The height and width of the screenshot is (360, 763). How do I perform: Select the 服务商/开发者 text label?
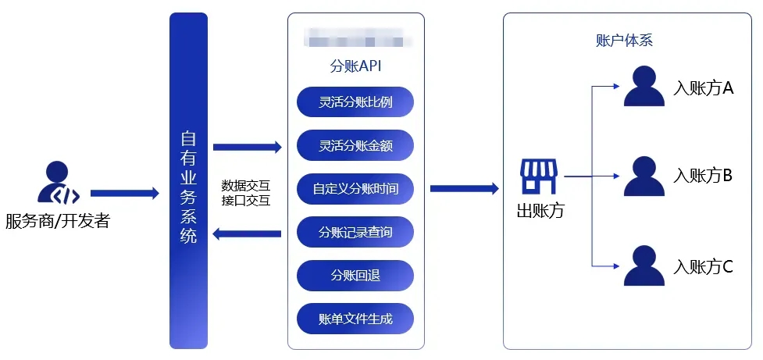click(x=57, y=222)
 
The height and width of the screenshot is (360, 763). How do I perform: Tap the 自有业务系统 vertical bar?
click(x=188, y=180)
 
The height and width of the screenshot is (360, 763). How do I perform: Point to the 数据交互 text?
click(x=245, y=185)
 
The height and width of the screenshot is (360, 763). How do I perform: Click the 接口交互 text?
click(x=245, y=201)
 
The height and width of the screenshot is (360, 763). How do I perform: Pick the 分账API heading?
click(x=355, y=66)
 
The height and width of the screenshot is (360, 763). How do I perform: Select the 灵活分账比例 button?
click(x=355, y=102)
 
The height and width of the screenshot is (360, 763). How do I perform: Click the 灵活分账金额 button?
click(x=355, y=145)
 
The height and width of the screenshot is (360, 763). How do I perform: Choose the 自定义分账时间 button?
click(x=355, y=189)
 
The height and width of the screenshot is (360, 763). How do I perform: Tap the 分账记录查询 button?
click(x=355, y=232)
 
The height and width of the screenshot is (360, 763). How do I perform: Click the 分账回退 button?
click(x=355, y=275)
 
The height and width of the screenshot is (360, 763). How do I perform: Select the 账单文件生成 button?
click(x=355, y=319)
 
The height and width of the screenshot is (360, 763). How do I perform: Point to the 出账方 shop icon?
click(x=540, y=177)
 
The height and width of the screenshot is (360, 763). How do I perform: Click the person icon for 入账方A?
click(x=643, y=87)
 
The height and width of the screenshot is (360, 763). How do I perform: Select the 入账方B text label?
click(x=703, y=176)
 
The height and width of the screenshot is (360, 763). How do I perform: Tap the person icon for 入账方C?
click(x=643, y=266)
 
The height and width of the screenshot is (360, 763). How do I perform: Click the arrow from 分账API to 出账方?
click(x=464, y=188)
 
